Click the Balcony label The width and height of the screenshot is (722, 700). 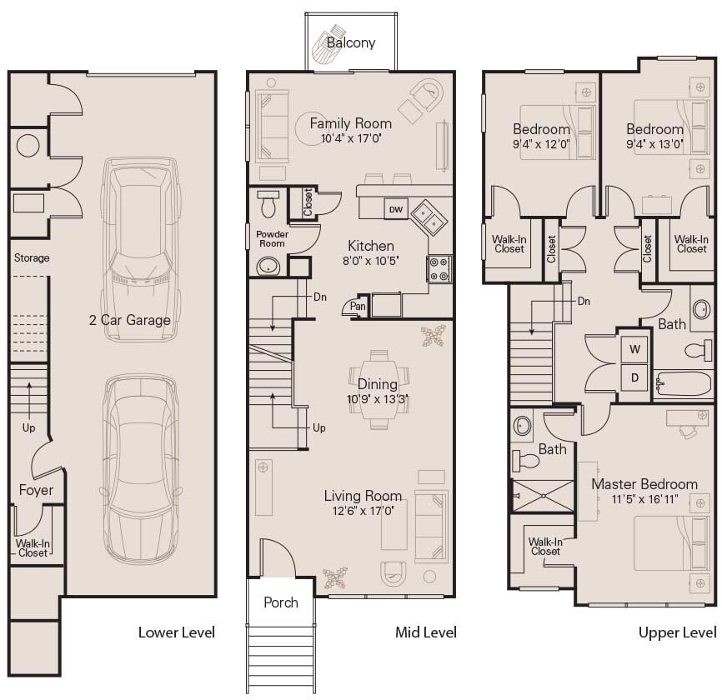click(x=350, y=42)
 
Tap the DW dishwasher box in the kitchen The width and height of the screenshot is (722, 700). click(x=394, y=210)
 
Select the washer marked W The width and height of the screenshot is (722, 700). click(x=634, y=349)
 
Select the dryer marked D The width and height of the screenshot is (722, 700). click(x=634, y=377)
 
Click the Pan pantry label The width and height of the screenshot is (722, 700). click(x=358, y=307)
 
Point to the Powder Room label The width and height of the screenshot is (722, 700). click(x=272, y=239)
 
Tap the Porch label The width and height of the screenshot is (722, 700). click(x=280, y=602)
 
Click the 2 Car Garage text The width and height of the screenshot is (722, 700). click(x=130, y=320)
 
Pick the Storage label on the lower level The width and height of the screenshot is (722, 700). click(x=32, y=258)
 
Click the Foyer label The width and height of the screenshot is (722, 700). click(x=36, y=490)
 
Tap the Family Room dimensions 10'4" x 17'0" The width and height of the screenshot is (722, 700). click(x=350, y=139)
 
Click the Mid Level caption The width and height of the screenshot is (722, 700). click(x=425, y=632)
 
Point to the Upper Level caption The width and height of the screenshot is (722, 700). click(x=677, y=632)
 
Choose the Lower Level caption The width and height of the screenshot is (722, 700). click(x=176, y=632)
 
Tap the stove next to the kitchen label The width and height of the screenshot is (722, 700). click(x=439, y=269)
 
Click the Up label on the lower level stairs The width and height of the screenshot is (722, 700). click(x=29, y=427)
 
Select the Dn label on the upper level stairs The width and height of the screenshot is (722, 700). click(x=584, y=301)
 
